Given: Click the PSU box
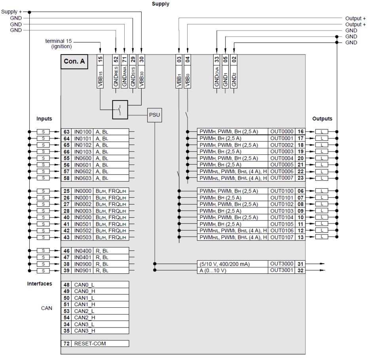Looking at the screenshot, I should [x=155, y=115].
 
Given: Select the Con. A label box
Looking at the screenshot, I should [x=74, y=62].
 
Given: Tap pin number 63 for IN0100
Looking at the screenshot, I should [x=66, y=132].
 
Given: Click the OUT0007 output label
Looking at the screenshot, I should [x=282, y=178].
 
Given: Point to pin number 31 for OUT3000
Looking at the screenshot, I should [x=301, y=264].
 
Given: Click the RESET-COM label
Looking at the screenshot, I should [x=90, y=344].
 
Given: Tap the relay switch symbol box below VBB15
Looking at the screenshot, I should [x=120, y=110].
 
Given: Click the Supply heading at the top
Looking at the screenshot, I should [x=160, y=4].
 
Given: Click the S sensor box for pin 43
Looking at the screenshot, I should [x=43, y=237].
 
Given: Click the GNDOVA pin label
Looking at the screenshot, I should [x=216, y=77].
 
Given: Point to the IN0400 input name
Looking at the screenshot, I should [x=83, y=251].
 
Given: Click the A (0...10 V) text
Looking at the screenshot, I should [x=213, y=271].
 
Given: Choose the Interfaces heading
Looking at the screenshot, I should [x=40, y=284].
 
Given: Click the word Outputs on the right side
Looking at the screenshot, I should [x=322, y=119].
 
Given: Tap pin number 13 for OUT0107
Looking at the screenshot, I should [x=301, y=237].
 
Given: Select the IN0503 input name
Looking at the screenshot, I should [x=83, y=237].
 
